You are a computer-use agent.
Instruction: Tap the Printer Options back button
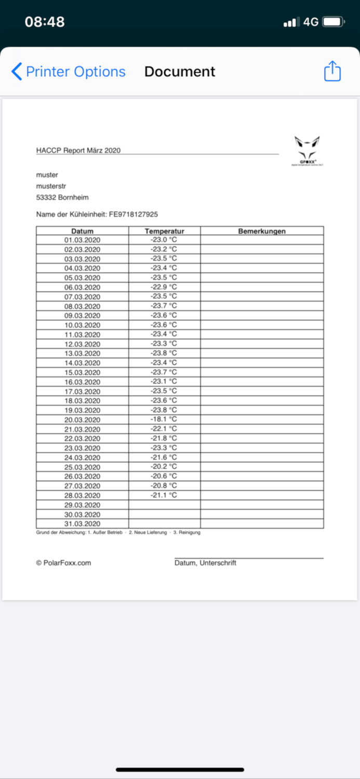69,72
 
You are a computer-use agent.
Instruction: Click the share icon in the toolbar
332,71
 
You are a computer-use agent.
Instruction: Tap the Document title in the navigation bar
180,72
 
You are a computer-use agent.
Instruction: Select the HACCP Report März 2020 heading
78,151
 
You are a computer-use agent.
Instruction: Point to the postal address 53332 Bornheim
62,197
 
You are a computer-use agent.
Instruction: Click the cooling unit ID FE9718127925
133,214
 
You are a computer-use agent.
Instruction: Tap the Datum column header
82,231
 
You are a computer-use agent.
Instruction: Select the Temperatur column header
164,231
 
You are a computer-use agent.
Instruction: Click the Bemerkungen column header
262,231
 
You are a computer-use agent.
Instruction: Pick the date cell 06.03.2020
82,287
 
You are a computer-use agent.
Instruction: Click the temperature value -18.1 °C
164,419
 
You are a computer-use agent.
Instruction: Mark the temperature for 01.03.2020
164,240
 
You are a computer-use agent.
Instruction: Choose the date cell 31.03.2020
82,523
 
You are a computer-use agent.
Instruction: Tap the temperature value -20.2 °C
164,466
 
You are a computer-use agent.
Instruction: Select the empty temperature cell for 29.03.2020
164,505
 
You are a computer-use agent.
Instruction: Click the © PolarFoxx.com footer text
63,562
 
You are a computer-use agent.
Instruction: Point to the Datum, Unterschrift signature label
205,563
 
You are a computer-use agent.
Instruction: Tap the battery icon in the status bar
333,22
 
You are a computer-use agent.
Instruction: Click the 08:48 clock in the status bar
45,22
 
